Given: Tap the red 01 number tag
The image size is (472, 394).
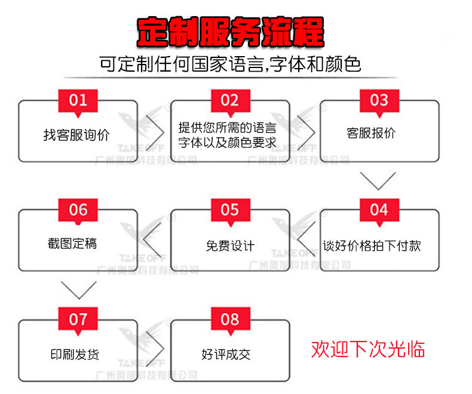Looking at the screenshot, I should tap(78, 100).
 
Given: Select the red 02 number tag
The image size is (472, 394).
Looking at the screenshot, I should tap(230, 100).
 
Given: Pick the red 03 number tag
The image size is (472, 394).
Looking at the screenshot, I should tap(379, 100).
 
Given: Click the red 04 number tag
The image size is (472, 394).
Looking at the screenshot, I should tap(379, 210).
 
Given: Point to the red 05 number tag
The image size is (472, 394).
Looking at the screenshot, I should tap(230, 210).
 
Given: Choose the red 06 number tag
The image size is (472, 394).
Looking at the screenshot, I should tap(78, 210).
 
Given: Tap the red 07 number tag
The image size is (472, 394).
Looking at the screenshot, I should tap(78, 319).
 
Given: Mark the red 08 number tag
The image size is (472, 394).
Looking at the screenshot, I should tap(230, 319).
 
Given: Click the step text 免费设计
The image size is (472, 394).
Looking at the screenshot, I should tap(230, 245).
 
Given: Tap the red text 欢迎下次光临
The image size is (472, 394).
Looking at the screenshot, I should tap(368, 349).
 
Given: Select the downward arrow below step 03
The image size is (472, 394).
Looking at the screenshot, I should tap(378, 180).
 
